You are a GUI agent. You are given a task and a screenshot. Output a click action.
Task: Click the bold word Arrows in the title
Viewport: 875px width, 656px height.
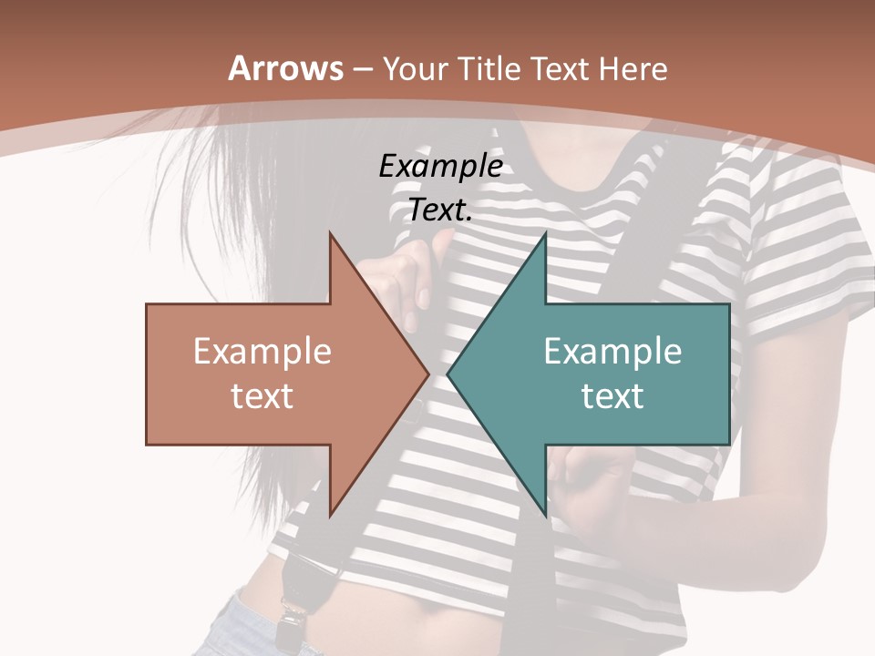point(285,68)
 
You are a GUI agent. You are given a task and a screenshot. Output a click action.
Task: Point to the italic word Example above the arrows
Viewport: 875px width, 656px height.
point(440,166)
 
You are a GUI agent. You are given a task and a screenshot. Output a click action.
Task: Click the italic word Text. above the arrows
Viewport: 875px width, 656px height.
point(440,210)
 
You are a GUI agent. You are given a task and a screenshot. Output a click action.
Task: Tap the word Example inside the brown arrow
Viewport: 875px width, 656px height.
point(262,352)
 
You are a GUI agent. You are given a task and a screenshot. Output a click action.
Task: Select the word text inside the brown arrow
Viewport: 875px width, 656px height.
point(262,395)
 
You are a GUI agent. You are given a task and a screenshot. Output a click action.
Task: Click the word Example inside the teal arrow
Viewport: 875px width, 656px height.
point(612,352)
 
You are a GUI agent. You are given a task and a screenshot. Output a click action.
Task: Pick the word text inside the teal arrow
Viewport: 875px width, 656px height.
point(612,395)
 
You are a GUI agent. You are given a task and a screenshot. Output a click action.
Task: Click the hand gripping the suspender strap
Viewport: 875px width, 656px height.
point(406,273)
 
